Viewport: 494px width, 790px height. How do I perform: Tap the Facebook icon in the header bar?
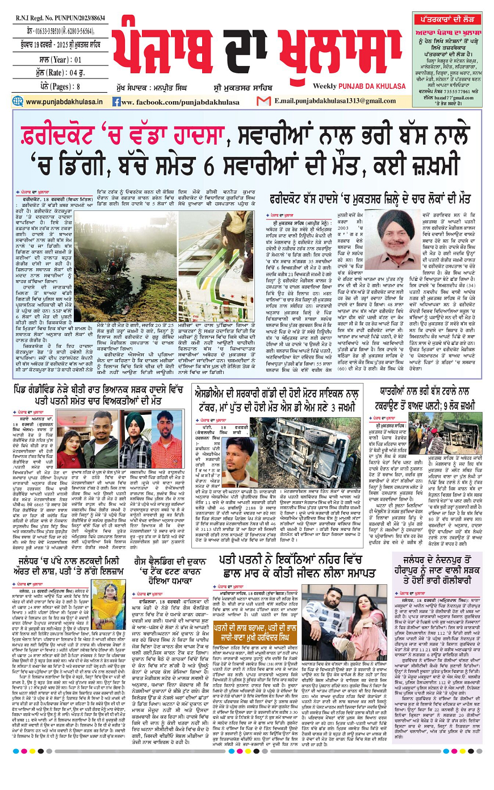coord(116,102)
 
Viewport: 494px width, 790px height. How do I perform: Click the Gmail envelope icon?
coord(263,101)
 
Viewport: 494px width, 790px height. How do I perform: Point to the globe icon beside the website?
coord(19,102)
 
